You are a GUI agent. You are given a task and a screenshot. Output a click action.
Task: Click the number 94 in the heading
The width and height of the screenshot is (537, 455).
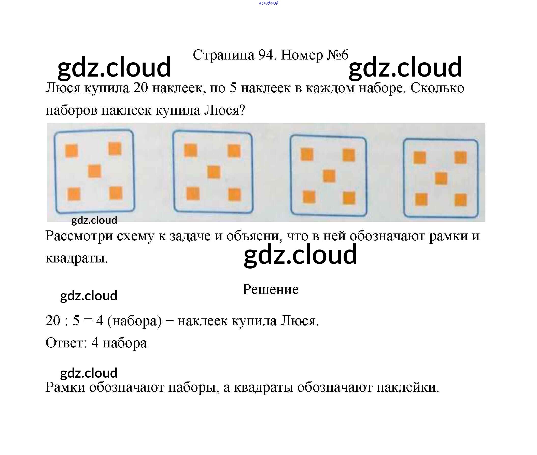point(265,55)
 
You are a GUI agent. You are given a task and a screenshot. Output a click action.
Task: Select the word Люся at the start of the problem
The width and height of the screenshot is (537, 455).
point(63,88)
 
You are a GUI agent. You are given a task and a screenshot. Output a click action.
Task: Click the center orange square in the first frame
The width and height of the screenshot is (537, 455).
point(94,171)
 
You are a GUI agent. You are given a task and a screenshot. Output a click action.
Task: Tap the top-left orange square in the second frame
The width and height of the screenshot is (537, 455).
point(191,150)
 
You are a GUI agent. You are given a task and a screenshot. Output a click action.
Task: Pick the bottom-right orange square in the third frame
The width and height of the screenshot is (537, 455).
point(349,198)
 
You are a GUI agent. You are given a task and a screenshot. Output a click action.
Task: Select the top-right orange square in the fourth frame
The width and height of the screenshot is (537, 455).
point(460,158)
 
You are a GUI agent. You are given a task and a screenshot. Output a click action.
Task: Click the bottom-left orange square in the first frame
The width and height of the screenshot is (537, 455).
point(74,194)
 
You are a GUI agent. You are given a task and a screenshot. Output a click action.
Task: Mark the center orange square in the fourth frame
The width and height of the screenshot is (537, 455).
point(441,179)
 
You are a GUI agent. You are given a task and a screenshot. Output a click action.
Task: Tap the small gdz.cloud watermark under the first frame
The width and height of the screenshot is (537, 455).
point(94,220)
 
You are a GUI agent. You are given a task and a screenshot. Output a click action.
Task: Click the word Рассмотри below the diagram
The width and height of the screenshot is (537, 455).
point(79,236)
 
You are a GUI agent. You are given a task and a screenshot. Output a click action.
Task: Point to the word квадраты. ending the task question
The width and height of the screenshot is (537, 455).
point(77,258)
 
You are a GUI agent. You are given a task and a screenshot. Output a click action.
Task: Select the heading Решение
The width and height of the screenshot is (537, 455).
point(271,289)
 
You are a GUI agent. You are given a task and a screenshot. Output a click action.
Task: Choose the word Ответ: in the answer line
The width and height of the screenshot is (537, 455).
point(66,343)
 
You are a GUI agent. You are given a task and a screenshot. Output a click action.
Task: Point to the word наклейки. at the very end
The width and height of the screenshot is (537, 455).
point(407,387)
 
